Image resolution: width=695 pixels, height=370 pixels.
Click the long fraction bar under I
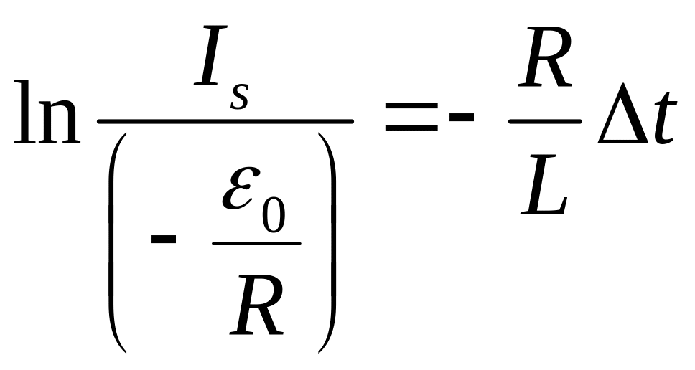pos(225,121)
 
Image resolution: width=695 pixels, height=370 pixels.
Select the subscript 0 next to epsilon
pos(273,217)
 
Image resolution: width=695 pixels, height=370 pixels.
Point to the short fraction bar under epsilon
pos(256,243)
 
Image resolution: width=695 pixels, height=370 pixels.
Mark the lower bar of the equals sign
pos(411,128)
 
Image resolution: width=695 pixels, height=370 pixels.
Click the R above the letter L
pos(545,70)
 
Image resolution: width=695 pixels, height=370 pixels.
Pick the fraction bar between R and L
pos(544,121)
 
